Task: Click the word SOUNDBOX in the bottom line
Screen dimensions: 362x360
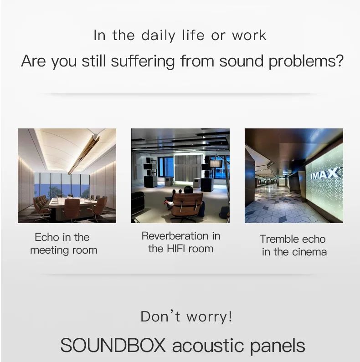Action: (113, 346)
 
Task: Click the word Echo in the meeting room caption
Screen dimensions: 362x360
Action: (47, 237)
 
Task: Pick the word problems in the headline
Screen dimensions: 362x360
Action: (304, 61)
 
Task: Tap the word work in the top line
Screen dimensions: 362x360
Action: (249, 36)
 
